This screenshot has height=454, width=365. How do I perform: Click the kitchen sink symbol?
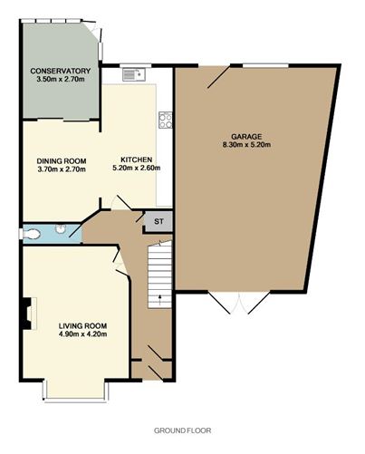click(x=134, y=74)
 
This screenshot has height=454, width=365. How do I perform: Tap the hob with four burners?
click(x=166, y=120)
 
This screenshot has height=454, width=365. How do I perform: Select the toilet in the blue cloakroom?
click(x=30, y=234)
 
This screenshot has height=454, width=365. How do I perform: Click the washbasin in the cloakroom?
click(x=60, y=228)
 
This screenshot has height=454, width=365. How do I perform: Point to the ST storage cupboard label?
click(x=158, y=221)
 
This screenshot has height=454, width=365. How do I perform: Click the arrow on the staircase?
click(x=159, y=298)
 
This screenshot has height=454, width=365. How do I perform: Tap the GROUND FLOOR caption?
click(x=182, y=430)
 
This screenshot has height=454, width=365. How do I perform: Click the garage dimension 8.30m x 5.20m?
click(x=246, y=144)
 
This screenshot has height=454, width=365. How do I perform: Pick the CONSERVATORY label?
click(x=61, y=71)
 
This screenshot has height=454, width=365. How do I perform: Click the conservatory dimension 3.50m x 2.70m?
click(x=61, y=79)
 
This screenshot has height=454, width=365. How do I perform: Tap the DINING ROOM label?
click(x=62, y=161)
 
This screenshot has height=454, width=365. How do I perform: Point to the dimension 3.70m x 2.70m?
click(x=62, y=169)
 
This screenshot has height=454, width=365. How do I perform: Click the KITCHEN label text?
click(x=137, y=159)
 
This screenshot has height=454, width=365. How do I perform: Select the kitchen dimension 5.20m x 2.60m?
click(x=137, y=168)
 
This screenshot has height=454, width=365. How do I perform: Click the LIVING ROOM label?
click(x=82, y=326)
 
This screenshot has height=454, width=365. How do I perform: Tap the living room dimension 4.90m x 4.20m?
click(x=82, y=334)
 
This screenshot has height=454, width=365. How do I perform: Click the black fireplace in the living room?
click(x=26, y=313)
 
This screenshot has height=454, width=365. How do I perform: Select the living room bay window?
click(x=75, y=391)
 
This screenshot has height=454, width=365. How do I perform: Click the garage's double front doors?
click(x=239, y=303)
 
